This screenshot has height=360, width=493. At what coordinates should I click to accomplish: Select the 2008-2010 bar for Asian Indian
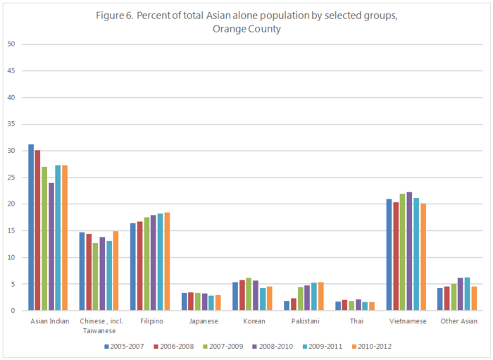click(x=51, y=247)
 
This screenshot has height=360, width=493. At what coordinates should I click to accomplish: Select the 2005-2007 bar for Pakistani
click(x=287, y=305)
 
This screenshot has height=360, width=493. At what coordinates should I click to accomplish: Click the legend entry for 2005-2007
click(x=125, y=346)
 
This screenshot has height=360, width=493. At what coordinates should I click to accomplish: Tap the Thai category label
click(x=355, y=321)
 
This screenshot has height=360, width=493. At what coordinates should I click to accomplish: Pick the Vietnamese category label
click(x=406, y=321)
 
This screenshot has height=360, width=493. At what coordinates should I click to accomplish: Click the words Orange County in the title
click(x=246, y=29)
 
